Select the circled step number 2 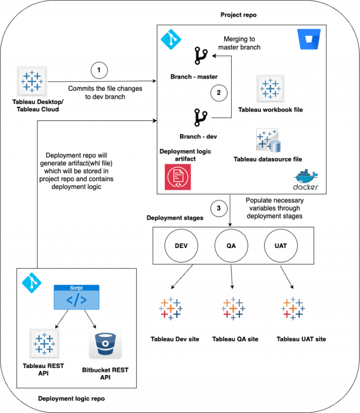[x=218, y=93]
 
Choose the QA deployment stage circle [x=231, y=246]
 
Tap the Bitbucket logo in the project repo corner [x=307, y=39]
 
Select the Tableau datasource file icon [x=268, y=140]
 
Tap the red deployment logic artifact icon [x=178, y=177]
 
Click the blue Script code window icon [x=76, y=297]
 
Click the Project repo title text [x=238, y=15]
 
